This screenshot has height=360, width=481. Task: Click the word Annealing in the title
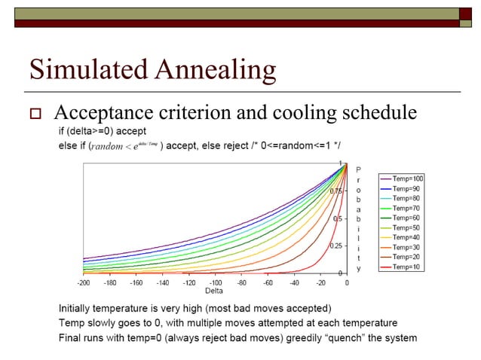[x=214, y=71]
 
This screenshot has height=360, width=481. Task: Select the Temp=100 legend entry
[x=408, y=178]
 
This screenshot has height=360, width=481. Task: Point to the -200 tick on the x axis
[x=83, y=283]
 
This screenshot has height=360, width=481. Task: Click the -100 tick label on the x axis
[x=215, y=283]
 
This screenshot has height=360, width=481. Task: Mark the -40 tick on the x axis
[x=294, y=283]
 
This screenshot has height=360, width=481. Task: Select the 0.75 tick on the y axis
[x=336, y=191]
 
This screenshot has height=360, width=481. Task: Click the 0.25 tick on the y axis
[x=336, y=246]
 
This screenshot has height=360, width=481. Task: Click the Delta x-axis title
[x=214, y=291]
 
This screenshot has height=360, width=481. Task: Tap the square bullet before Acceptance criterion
[x=34, y=114]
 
